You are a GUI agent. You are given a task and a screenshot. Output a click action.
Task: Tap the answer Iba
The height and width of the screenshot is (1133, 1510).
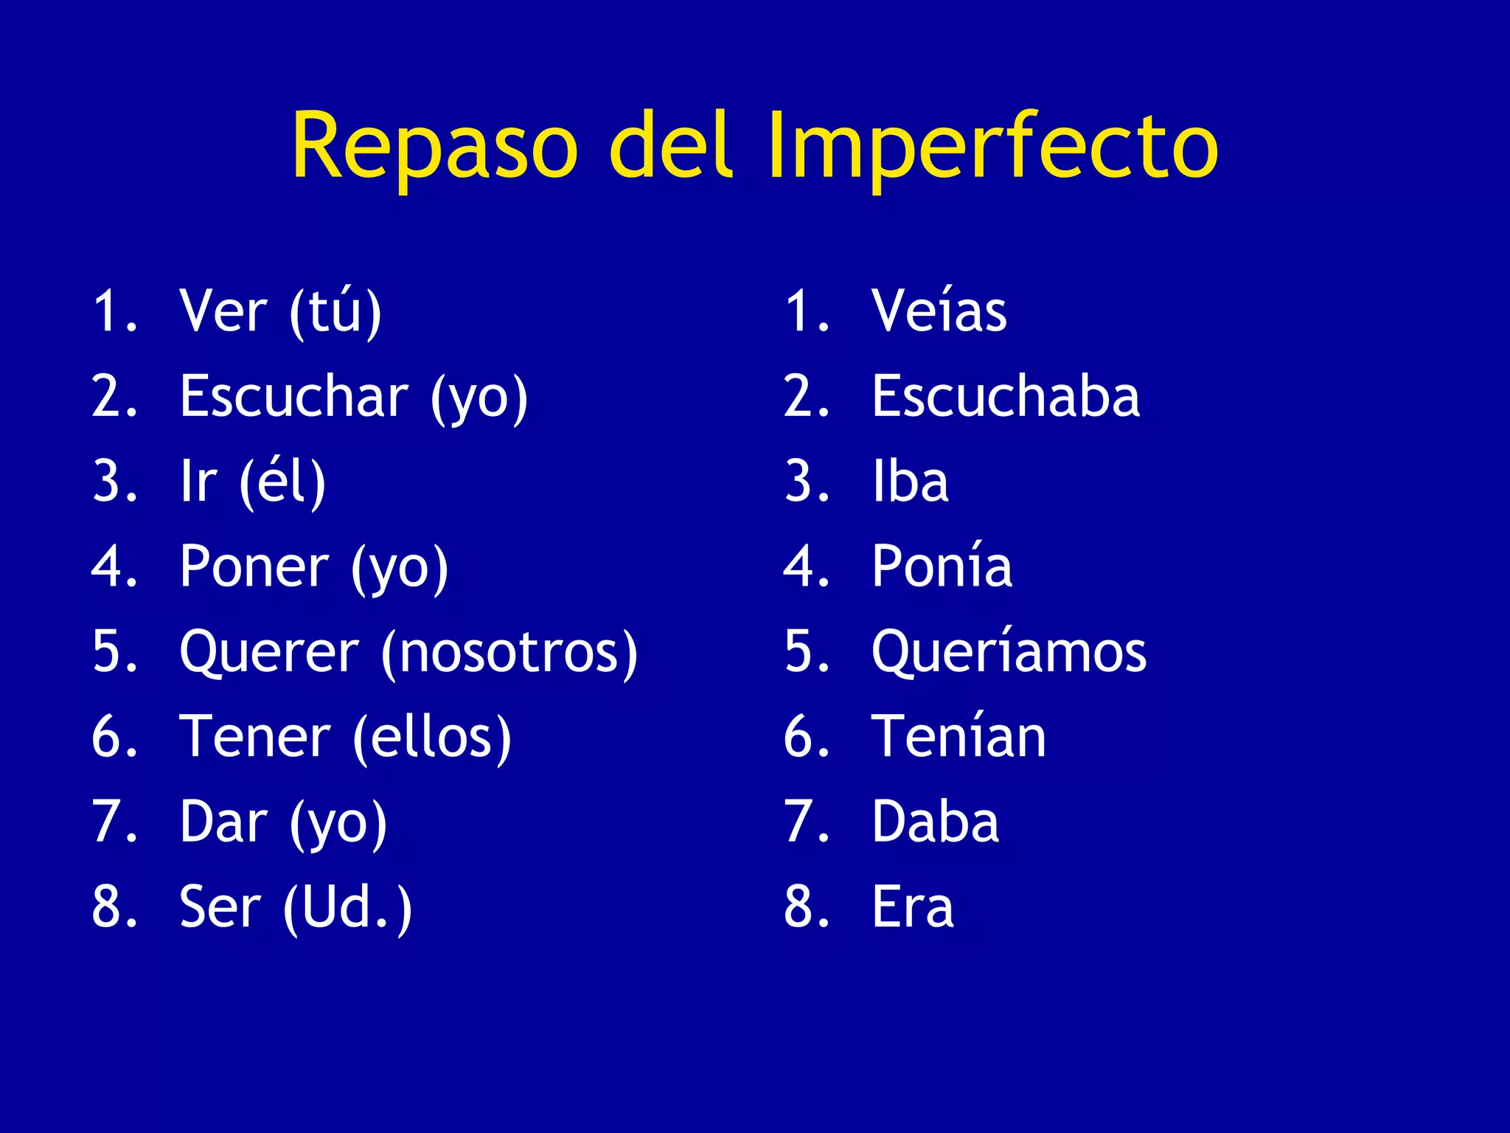coord(910,482)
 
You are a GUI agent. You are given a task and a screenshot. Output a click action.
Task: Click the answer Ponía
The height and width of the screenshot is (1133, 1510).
coord(942,566)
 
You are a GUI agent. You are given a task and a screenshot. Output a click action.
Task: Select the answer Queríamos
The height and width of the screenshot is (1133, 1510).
coord(1009,652)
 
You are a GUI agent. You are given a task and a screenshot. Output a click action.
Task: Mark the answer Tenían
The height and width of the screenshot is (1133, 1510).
coord(958,737)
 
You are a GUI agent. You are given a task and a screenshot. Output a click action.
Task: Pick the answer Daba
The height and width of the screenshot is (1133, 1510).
coord(935,822)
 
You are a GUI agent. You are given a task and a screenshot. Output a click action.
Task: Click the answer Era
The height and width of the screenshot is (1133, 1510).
coord(913,907)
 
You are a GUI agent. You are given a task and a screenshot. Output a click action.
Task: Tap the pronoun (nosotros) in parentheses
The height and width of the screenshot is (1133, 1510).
coord(509,652)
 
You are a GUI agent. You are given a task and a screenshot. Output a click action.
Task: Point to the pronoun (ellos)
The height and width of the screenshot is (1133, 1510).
coord(431,737)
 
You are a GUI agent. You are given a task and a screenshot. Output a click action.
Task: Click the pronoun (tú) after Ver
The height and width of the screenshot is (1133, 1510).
coord(335,311)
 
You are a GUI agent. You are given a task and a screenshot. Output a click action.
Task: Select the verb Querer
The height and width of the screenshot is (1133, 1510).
coord(269,652)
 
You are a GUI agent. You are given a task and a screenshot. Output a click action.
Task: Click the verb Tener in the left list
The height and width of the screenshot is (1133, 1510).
coord(255,737)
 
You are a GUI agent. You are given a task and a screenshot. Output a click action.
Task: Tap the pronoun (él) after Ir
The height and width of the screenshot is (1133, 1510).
coord(282,482)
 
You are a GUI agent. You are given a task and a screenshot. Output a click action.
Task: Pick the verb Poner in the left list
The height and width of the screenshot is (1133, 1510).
coord(254,566)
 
